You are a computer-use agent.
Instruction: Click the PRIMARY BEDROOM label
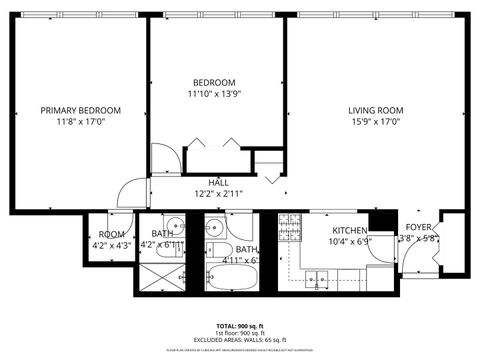(x=80, y=110)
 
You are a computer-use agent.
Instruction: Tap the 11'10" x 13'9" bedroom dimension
(x=215, y=94)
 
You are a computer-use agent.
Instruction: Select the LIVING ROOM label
(x=375, y=110)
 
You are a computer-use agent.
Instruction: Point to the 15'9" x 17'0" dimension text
(x=375, y=122)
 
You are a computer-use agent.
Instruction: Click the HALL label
(x=216, y=182)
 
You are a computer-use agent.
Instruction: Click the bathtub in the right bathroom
(x=233, y=276)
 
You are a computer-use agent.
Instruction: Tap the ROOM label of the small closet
(x=110, y=233)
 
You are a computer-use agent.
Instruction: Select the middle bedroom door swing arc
(x=165, y=158)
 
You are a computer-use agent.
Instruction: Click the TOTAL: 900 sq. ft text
(x=240, y=327)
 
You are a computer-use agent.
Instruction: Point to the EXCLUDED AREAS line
(x=240, y=341)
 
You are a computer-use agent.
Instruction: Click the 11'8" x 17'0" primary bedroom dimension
(x=80, y=122)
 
